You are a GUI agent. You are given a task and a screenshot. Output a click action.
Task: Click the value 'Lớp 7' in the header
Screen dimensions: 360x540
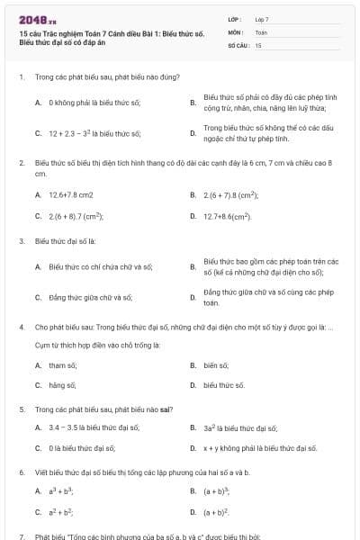click(262, 19)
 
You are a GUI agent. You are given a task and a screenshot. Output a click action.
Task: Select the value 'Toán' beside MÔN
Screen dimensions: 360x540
click(261, 31)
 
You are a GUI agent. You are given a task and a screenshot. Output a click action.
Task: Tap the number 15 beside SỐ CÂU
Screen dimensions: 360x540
click(258, 44)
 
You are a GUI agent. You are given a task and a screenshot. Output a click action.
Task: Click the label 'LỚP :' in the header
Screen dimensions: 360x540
click(235, 19)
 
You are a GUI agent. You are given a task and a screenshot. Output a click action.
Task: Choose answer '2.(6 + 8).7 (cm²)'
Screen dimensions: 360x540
click(76, 217)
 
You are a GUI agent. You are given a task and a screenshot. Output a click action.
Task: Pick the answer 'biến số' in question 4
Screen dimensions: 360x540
click(216, 364)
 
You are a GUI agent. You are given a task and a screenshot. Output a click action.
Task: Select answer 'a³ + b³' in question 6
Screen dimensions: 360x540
click(61, 490)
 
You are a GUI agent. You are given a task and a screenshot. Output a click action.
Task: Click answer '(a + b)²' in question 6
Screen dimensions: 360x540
click(218, 511)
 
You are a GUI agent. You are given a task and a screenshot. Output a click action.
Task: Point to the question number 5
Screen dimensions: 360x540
click(21, 409)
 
